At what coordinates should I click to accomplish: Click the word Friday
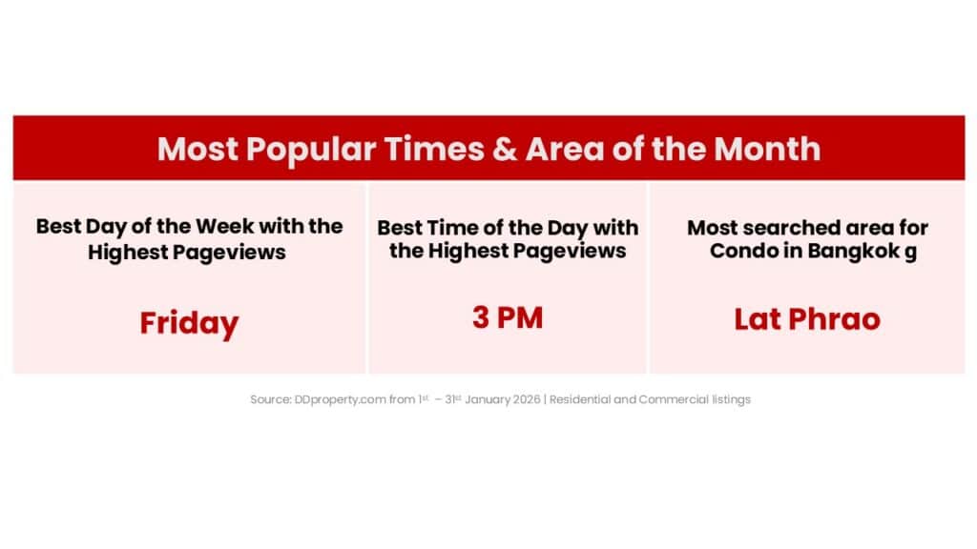(189, 324)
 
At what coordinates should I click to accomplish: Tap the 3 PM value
(508, 317)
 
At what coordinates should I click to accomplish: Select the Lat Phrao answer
(807, 319)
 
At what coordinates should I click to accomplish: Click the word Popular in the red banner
(310, 149)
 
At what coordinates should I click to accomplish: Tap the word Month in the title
(767, 149)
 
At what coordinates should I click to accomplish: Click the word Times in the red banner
(434, 149)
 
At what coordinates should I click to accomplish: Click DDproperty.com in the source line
(341, 399)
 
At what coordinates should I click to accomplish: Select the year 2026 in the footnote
(527, 399)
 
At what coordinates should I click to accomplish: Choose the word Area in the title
(565, 149)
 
